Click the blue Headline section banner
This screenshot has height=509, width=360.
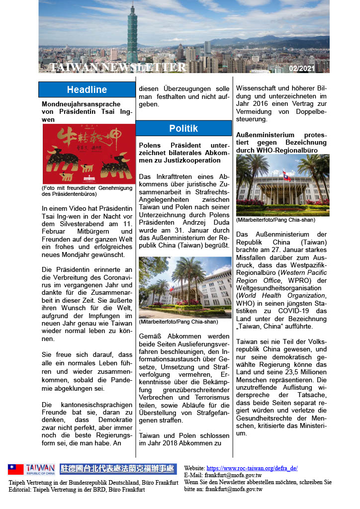pos(87,89)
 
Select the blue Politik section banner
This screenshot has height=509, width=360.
pos(183,128)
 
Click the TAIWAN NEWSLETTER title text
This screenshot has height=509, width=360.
pos(118,67)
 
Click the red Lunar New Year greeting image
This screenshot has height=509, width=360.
pos(89,154)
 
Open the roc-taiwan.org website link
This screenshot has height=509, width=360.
pos(252,468)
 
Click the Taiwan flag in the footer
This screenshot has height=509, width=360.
pos(15,469)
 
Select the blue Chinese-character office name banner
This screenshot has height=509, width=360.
pos(118,469)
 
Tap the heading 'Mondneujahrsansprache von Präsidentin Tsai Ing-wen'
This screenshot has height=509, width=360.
pos(87,112)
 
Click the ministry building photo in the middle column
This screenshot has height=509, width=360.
pos(184,287)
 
